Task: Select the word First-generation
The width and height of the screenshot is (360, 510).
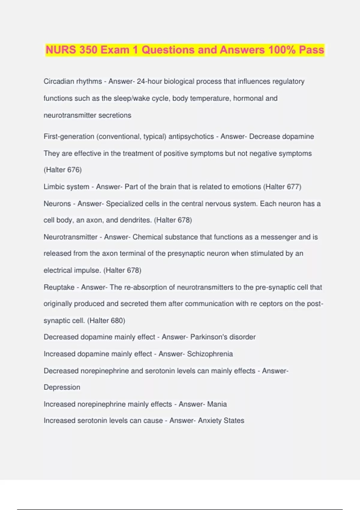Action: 69,136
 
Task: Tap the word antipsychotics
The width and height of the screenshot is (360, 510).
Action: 191,136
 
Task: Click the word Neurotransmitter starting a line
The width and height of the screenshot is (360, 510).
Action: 70,237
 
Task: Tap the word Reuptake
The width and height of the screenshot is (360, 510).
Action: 59,287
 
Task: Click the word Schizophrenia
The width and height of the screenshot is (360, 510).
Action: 210,354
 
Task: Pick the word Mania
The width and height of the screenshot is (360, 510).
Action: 217,404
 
